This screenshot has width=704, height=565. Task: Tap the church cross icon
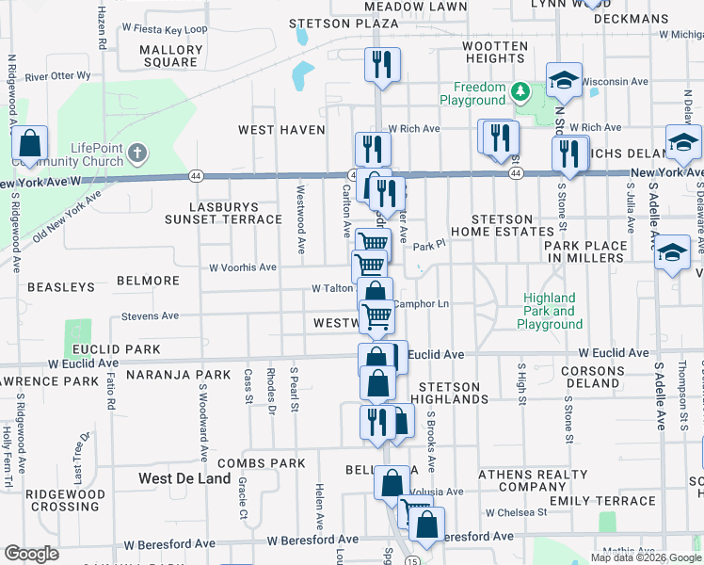click(137, 152)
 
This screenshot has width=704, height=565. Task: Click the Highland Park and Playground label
click(551, 312)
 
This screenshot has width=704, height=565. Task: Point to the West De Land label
click(184, 478)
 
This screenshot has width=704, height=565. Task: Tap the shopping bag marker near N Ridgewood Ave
click(30, 145)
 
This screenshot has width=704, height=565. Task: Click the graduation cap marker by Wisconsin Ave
click(564, 81)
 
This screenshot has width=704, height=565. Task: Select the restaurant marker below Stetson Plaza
click(382, 64)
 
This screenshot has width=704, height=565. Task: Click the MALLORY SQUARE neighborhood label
click(170, 56)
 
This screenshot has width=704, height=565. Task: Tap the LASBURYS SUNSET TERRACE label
click(223, 213)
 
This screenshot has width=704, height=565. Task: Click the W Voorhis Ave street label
click(243, 267)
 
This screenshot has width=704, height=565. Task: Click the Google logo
click(31, 554)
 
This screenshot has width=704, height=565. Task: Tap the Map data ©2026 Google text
click(646, 557)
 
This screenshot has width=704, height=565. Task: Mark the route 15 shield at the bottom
click(413, 561)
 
